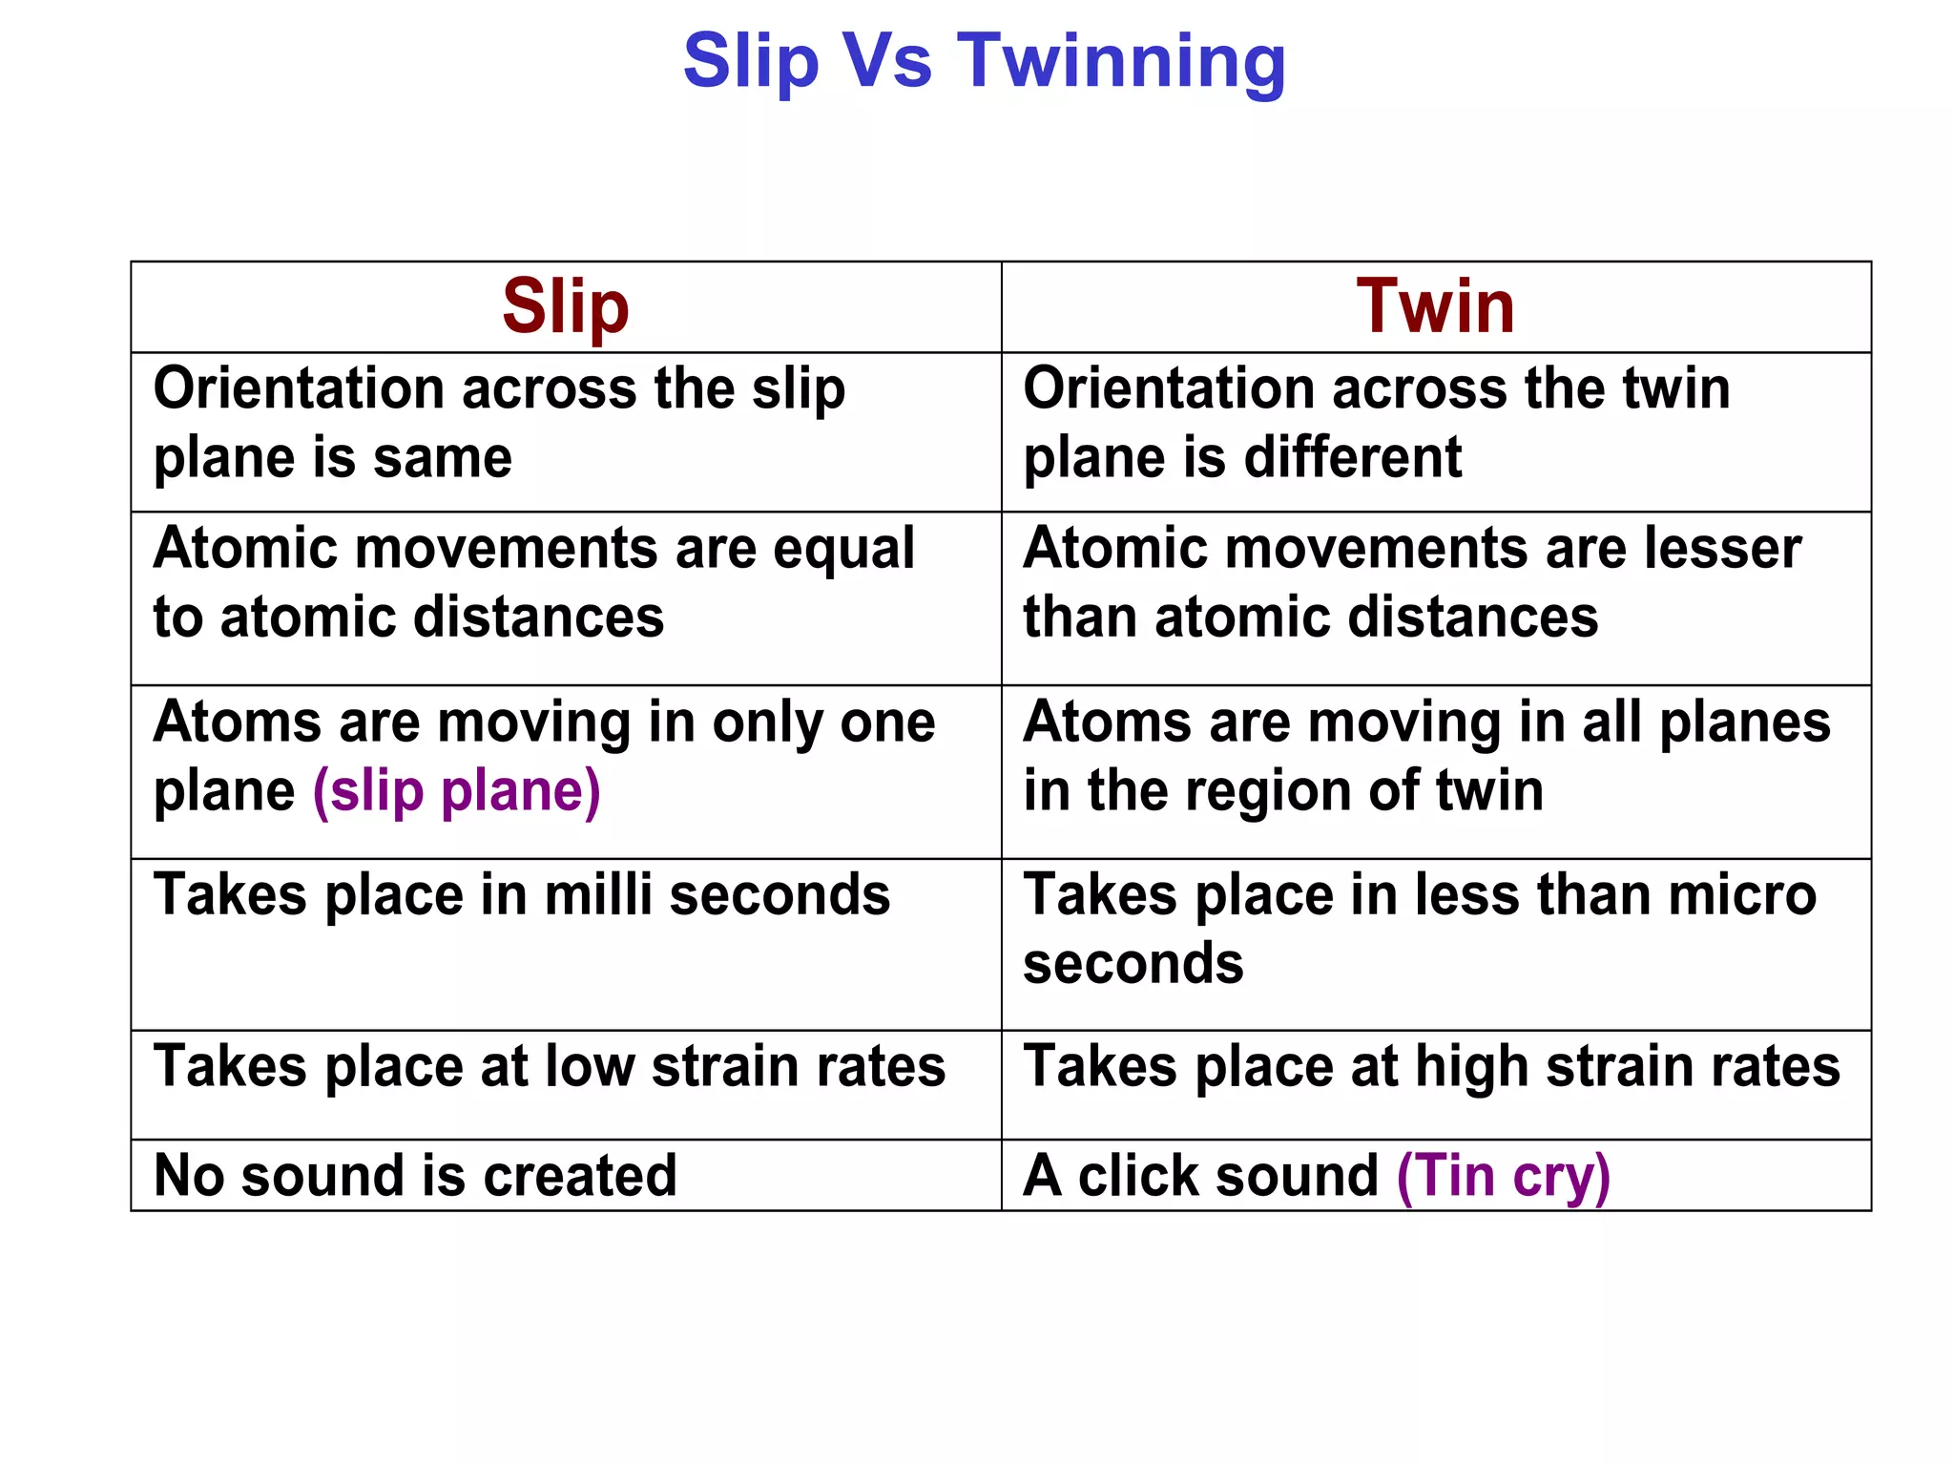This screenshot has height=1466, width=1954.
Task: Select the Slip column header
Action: point(566,307)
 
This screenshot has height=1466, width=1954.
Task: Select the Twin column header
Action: point(1435,307)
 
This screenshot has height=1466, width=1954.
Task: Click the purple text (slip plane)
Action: point(457,791)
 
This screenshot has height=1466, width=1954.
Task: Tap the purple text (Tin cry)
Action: point(1503,1176)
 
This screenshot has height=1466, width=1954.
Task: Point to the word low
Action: point(590,1066)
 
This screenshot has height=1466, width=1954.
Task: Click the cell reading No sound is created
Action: point(416,1176)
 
